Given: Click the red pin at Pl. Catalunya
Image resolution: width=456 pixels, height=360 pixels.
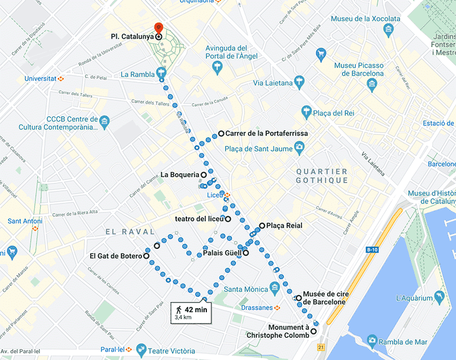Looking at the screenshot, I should coord(158,27).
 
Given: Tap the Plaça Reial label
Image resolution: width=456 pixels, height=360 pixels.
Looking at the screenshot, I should coord(284,226).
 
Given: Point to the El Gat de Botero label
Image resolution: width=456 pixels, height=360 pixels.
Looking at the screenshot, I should coord(115,256).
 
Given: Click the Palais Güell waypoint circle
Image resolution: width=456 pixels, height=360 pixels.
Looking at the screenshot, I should coord(246,253).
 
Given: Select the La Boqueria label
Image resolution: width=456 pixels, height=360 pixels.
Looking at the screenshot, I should coord(180,174).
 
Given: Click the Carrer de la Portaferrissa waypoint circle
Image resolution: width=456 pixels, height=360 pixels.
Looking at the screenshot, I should coord(221,133).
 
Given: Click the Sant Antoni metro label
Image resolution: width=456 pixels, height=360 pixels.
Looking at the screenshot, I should coord(22,221).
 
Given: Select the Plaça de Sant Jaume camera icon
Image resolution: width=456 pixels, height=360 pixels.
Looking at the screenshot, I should coord(298,149).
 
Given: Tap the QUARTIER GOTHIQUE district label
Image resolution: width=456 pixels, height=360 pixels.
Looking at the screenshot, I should coord(321,175).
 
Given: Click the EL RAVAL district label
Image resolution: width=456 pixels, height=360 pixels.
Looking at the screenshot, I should coord(130,232).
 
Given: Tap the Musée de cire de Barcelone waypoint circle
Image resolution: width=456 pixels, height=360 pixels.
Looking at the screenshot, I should coord(299,298).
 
